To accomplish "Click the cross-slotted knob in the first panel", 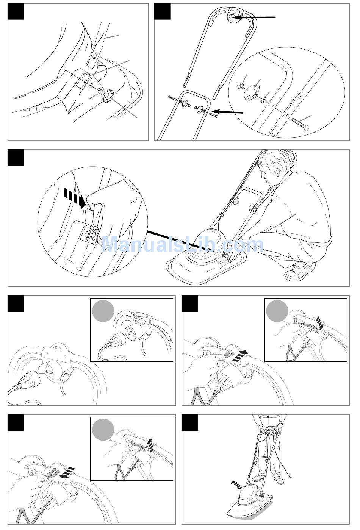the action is point(108,95).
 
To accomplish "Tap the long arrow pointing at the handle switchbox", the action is point(255,17).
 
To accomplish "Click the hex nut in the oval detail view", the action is point(240,85).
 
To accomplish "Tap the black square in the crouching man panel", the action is point(16,158).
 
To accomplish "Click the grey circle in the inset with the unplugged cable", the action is point(103,311).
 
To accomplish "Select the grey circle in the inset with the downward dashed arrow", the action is point(277,311).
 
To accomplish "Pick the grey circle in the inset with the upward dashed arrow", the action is point(103,430).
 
